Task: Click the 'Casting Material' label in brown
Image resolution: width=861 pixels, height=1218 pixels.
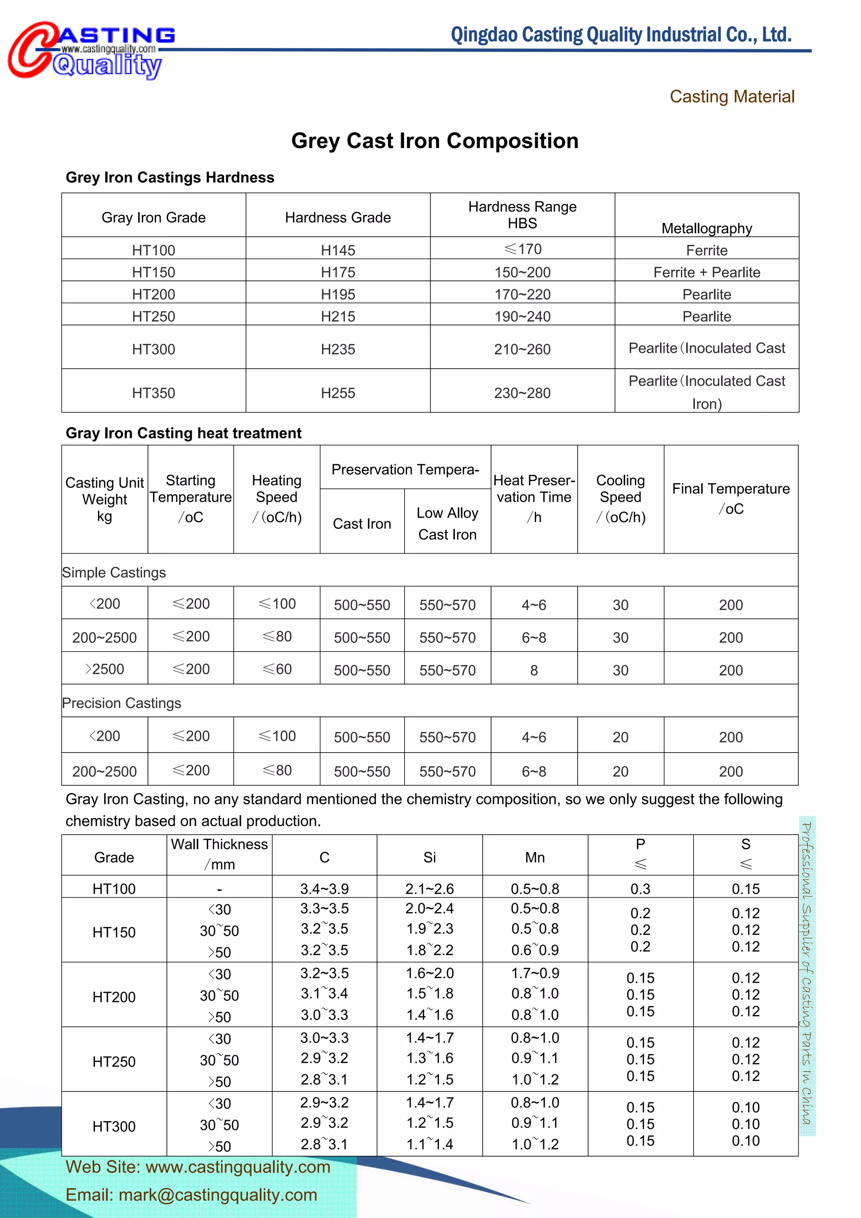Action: pos(732,97)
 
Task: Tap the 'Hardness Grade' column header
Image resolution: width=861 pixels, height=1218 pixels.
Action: pos(338,217)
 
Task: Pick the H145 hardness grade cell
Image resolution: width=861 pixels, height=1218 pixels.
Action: pos(338,250)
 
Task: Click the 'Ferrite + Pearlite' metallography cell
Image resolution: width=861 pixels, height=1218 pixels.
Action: pos(706,272)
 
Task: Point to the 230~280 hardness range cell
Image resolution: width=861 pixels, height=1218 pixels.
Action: pos(522,393)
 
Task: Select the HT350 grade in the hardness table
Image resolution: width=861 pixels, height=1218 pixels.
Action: pos(153,393)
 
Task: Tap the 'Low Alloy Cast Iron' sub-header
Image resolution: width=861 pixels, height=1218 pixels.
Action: pos(447,523)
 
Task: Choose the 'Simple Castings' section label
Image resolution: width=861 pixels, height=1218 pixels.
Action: pos(114,572)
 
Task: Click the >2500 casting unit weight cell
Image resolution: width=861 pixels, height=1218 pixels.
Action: pos(105,669)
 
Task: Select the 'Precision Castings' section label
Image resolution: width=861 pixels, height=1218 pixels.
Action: pos(121,703)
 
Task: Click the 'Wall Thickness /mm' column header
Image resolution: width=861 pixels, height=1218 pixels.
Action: pos(219,853)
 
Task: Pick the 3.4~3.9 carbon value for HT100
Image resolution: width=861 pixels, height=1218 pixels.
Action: pos(324,888)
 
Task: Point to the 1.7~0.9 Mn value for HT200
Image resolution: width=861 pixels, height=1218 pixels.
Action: pos(535,973)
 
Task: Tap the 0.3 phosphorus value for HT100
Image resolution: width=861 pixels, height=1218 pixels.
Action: pos(640,888)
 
